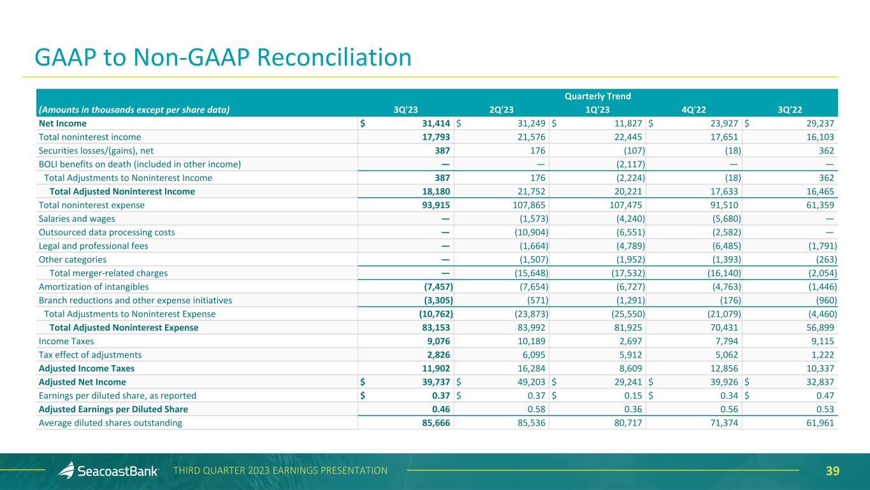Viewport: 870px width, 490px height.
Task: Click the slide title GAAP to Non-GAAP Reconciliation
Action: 223,57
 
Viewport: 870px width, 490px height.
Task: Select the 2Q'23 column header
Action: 502,109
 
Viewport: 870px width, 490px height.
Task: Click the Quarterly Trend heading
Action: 597,96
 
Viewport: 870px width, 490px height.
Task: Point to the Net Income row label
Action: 62,123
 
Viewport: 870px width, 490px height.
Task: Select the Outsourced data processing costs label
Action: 106,232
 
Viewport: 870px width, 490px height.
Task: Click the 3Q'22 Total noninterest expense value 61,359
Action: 818,205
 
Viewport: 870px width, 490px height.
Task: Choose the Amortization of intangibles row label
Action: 94,287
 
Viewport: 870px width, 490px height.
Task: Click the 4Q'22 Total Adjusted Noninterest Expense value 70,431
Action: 721,328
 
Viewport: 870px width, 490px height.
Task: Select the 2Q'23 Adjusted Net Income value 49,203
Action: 530,382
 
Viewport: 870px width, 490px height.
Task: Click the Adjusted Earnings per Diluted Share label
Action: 113,409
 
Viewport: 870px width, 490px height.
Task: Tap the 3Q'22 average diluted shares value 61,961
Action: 818,422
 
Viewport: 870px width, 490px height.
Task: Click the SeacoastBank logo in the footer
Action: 108,471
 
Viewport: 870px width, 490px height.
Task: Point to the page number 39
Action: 832,471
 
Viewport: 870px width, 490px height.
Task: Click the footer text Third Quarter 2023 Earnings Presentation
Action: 280,471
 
